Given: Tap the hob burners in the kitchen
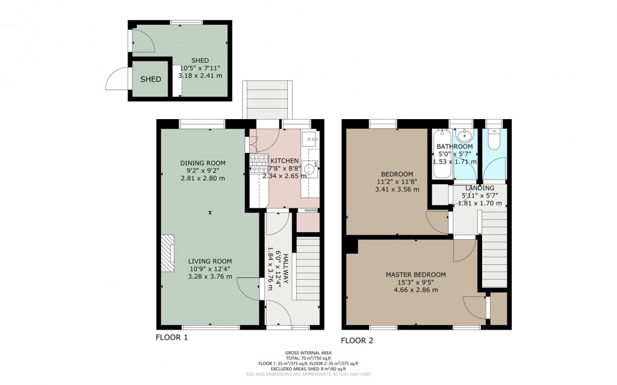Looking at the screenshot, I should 259,163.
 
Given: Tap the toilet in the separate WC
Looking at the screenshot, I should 494,140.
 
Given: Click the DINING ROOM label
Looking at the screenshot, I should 203,163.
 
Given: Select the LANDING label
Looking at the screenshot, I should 480,189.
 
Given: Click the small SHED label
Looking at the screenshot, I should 151,79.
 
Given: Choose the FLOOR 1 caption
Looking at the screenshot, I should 172,337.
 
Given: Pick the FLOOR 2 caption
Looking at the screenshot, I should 357,340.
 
